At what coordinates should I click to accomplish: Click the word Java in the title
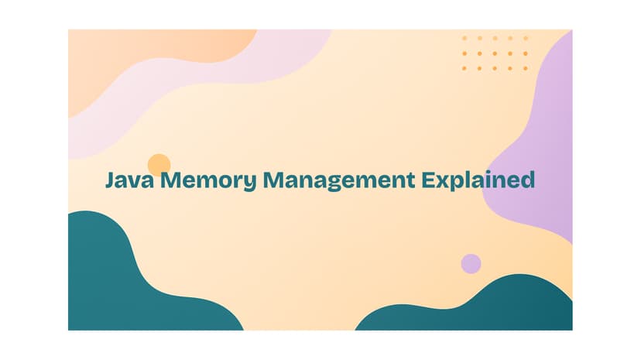pos(130,180)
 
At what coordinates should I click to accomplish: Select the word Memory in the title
pos(208,181)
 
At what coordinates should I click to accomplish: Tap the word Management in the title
pos(339,181)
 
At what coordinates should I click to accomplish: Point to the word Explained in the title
pos(478,180)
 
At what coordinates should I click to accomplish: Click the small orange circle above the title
pos(159,165)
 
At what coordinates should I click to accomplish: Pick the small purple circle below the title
pos(471,263)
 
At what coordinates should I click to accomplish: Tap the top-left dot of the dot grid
pos(464,39)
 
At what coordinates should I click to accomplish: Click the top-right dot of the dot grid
pos(526,39)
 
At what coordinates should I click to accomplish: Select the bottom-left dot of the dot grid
pos(464,68)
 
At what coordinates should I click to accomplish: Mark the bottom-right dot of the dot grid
pos(526,68)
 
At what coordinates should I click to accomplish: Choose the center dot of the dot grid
pos(495,53)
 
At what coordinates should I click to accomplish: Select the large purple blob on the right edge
pos(540,156)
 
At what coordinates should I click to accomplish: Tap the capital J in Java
pos(111,180)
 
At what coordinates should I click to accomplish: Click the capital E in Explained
pos(428,180)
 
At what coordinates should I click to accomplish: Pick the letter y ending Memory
pos(250,183)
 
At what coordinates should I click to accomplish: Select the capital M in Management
pos(274,180)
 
